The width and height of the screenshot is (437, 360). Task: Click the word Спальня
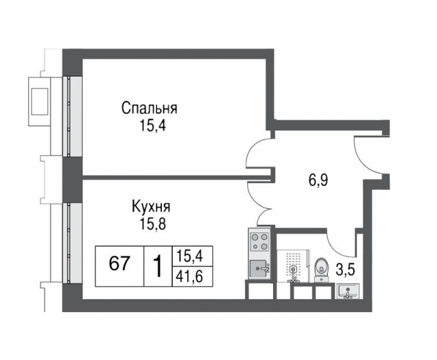point(150,108)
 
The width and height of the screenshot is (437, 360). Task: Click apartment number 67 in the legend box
point(120,263)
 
